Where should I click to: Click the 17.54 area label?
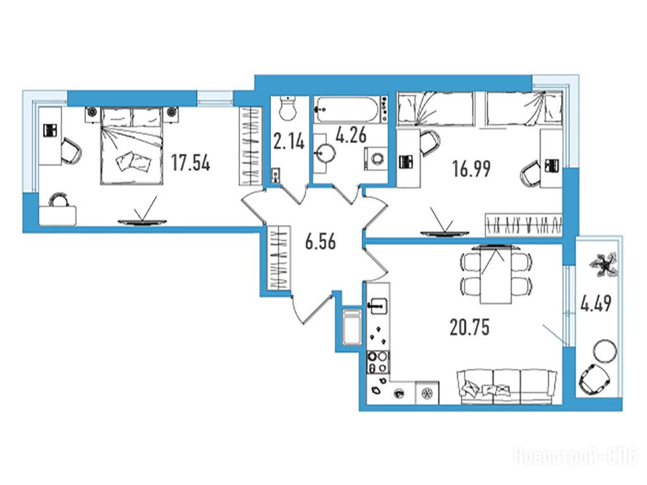[x=191, y=163]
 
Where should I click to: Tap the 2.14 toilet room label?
[x=289, y=142]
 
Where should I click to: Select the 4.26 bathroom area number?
[x=351, y=135]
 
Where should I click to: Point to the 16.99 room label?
[x=471, y=169]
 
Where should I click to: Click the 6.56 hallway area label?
[x=320, y=242]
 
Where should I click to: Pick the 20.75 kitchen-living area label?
[x=469, y=327]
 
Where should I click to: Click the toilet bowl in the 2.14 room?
[x=287, y=108]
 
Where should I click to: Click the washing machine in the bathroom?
[x=377, y=159]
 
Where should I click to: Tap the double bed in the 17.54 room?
[x=131, y=145]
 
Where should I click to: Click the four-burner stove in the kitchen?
[x=378, y=362]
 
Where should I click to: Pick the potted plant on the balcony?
[x=605, y=265]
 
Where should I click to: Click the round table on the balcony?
[x=605, y=351]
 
